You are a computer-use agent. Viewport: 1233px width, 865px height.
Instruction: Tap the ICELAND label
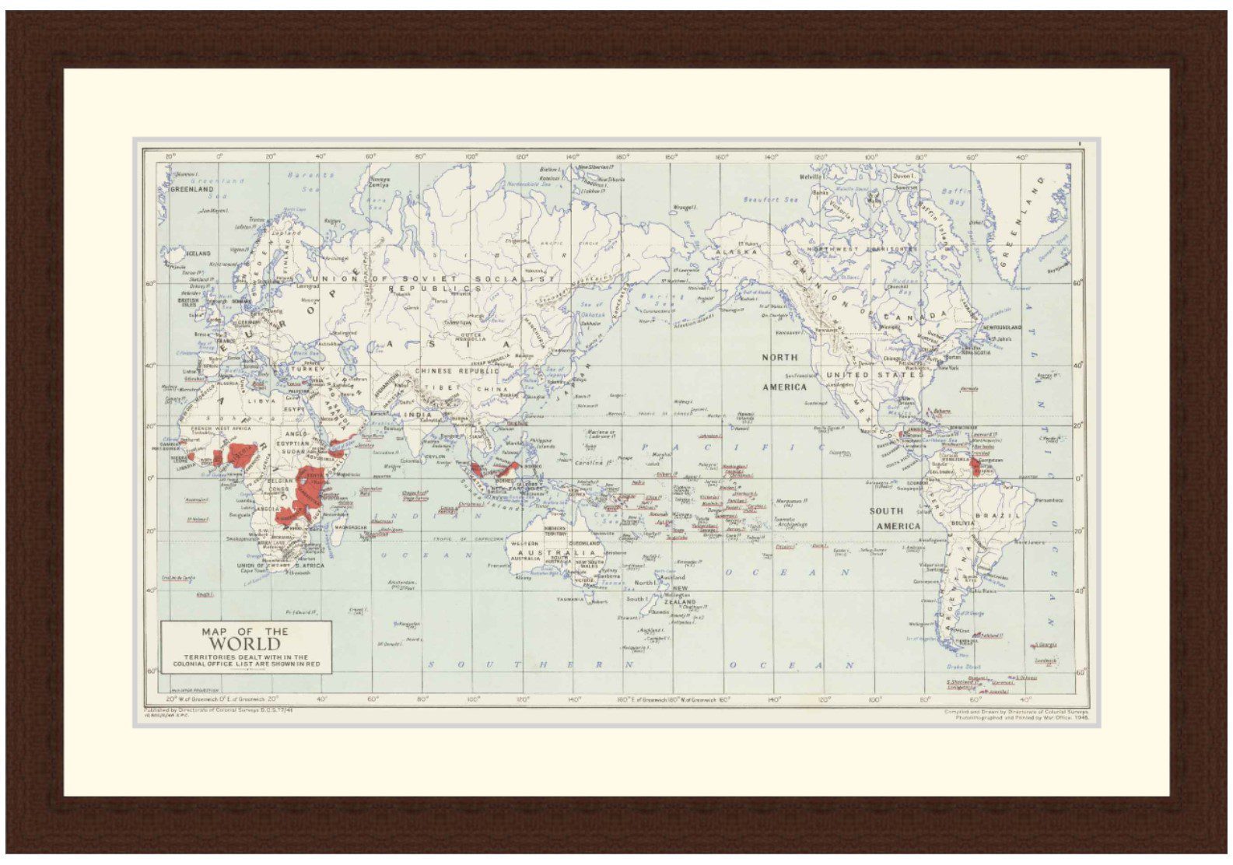coord(198,254)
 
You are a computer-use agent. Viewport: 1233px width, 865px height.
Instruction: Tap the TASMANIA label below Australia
coord(574,600)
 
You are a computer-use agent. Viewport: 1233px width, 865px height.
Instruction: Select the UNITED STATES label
coord(870,375)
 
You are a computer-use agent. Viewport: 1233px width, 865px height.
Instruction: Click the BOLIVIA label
coord(962,524)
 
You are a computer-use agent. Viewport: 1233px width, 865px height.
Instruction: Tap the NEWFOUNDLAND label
coord(1000,327)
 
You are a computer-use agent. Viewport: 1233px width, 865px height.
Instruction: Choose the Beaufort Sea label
coord(770,200)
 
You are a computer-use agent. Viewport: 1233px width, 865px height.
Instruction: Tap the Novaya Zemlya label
coord(379,181)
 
